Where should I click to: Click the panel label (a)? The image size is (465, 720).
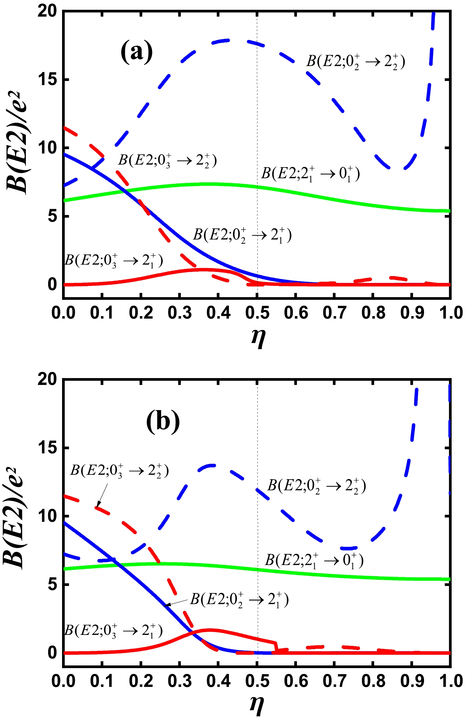pos(137,52)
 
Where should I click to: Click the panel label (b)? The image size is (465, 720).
pos(163,421)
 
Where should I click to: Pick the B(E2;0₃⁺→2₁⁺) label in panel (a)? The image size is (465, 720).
pos(114,260)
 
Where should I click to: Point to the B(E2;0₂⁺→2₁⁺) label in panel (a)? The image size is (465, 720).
pos(243,235)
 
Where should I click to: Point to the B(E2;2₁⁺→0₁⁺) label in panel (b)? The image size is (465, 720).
pos(314,560)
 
